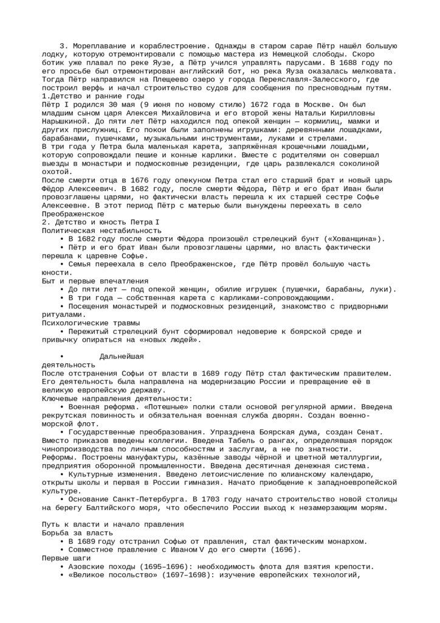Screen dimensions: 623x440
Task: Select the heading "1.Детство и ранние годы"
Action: [93, 96]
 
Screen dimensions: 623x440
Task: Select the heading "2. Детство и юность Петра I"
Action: [100, 222]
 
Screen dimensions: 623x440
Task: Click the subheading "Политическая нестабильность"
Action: [101, 231]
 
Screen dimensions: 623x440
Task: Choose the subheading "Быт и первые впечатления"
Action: [95, 281]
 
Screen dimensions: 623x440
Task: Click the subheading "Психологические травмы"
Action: [91, 323]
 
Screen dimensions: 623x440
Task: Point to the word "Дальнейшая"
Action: [122, 356]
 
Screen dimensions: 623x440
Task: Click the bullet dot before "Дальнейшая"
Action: [62, 356]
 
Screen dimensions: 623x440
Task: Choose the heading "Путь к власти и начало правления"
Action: [112, 524]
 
